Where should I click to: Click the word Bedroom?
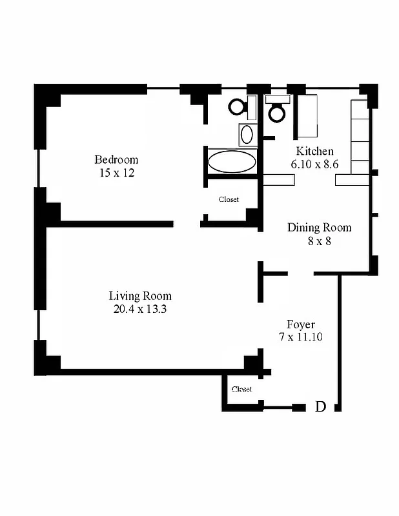116,159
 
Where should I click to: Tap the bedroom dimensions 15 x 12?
116,173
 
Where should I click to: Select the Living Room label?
140,296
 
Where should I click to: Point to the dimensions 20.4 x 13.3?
140,309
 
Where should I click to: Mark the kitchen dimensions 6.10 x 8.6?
314,164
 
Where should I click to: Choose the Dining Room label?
319,227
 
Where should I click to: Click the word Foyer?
301,324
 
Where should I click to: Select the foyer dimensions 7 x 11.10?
301,337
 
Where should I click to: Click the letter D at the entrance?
320,406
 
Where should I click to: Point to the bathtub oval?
232,161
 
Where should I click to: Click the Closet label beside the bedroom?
229,199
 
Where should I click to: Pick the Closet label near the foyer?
241,389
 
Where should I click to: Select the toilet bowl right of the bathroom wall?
278,114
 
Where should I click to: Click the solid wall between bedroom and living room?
116,224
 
